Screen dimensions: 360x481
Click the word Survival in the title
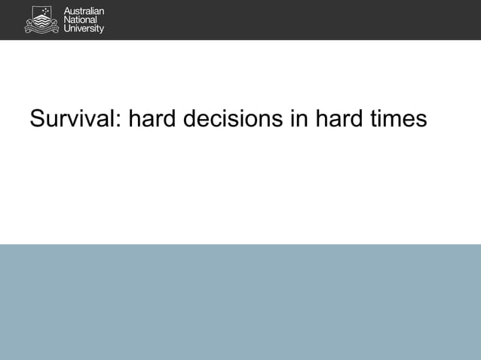point(72,119)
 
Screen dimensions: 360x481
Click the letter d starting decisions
point(192,119)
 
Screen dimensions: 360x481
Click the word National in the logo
point(79,20)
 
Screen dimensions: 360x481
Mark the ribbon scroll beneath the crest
point(41,29)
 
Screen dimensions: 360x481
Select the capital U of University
point(66,29)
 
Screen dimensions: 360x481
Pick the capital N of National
point(66,20)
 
